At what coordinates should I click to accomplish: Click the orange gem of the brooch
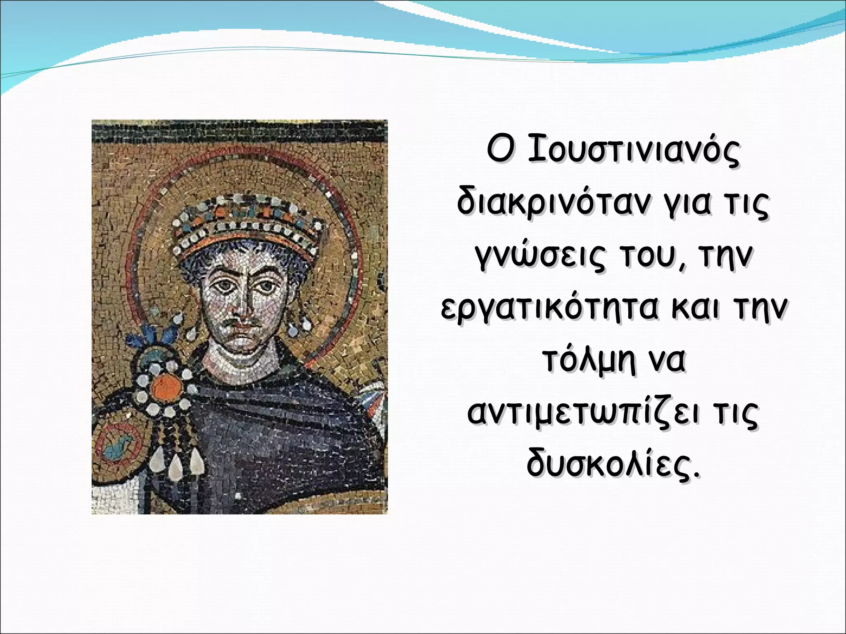tap(166, 387)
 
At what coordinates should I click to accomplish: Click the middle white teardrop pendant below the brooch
tap(176, 465)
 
